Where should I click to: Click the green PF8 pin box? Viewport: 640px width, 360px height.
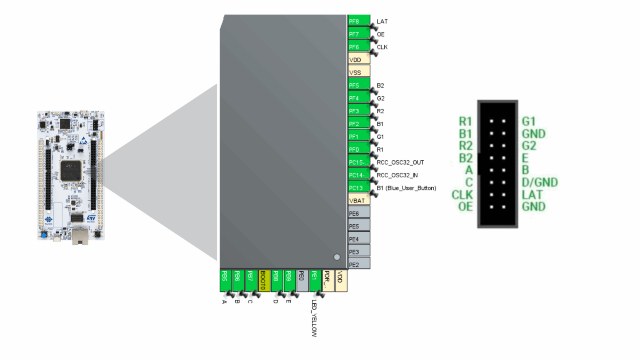click(359, 21)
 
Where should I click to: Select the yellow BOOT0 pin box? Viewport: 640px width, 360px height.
click(264, 280)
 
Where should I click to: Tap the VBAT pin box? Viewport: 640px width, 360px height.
click(359, 201)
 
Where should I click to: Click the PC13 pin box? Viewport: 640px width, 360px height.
click(359, 188)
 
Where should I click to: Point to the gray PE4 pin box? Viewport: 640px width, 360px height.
click(359, 239)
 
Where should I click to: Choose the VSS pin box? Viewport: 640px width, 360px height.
click(359, 72)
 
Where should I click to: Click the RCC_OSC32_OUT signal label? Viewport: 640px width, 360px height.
click(400, 162)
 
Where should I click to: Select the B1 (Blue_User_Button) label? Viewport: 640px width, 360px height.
click(406, 188)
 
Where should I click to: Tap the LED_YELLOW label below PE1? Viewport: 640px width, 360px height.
click(314, 318)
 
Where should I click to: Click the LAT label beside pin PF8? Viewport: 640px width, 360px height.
click(382, 22)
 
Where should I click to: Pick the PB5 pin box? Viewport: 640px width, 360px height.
click(225, 280)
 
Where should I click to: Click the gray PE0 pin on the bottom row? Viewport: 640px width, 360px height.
click(302, 280)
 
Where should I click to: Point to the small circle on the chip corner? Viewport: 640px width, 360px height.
click(337, 257)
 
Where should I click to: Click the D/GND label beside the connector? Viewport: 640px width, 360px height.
click(540, 182)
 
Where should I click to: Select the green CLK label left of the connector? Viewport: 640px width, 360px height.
click(462, 195)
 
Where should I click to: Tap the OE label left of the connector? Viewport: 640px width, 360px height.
click(465, 207)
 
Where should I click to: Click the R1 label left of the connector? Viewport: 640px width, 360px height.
click(465, 121)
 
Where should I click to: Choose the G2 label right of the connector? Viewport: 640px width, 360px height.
click(529, 146)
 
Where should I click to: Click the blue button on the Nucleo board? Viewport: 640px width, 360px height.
click(44, 235)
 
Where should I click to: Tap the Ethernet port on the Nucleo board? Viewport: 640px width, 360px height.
click(80, 236)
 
